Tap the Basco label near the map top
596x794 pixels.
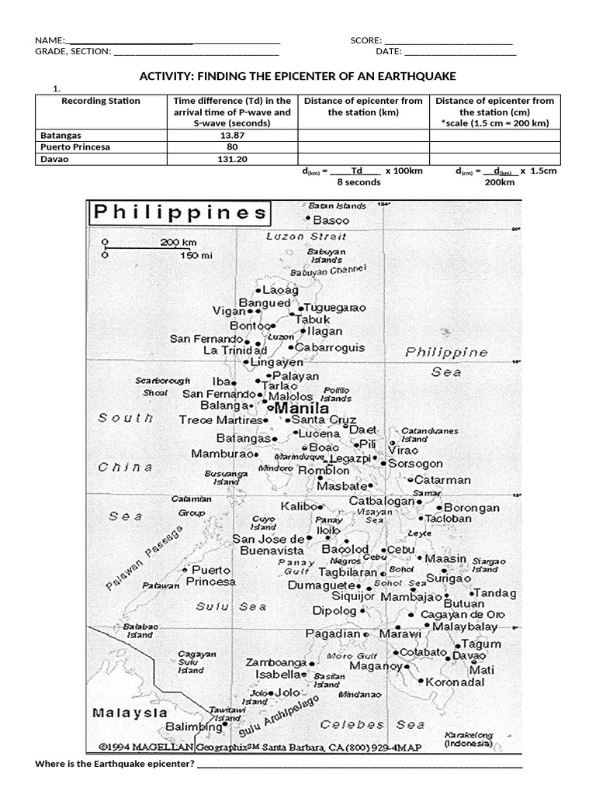click(x=331, y=220)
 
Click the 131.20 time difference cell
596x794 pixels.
click(x=232, y=158)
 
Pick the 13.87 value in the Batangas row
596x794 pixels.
click(x=232, y=135)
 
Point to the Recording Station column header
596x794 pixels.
click(x=101, y=101)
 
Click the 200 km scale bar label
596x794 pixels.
click(x=179, y=242)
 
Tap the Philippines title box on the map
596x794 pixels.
click(x=179, y=212)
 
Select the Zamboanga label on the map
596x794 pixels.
click(x=275, y=663)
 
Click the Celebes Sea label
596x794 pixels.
click(x=372, y=725)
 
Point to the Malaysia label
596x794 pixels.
click(x=130, y=712)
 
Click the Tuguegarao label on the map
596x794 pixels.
click(x=334, y=307)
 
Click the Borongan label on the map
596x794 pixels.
click(x=472, y=508)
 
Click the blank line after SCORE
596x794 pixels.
click(x=448, y=40)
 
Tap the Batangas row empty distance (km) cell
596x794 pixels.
click(x=363, y=135)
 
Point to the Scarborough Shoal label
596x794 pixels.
click(x=162, y=387)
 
